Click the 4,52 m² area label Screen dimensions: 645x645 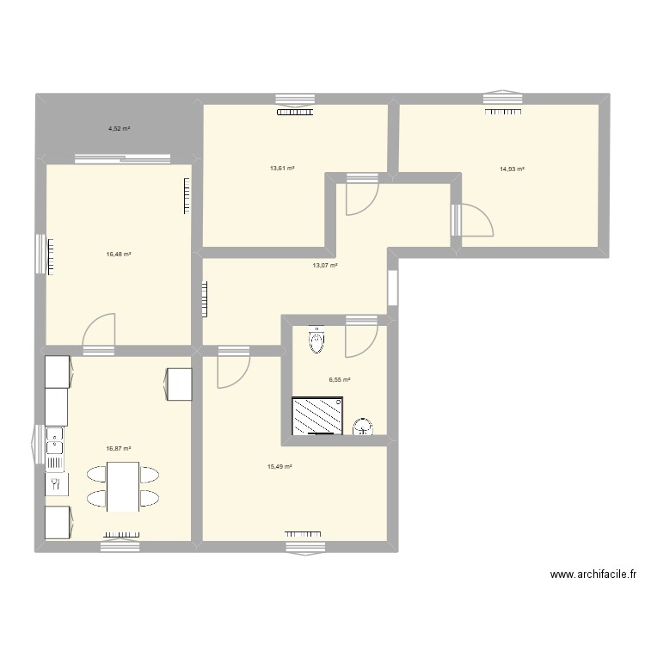(119, 129)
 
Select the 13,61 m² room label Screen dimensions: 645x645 (282, 169)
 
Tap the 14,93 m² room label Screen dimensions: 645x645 (512, 169)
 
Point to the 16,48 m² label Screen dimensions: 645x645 (119, 254)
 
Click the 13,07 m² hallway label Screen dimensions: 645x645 (325, 266)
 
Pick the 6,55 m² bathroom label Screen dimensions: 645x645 (340, 379)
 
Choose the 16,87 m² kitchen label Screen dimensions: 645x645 (119, 448)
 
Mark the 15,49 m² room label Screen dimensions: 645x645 (279, 467)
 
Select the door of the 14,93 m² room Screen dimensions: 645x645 (474, 221)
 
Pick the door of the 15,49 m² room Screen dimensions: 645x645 (232, 368)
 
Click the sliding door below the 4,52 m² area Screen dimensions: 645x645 (122, 158)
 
